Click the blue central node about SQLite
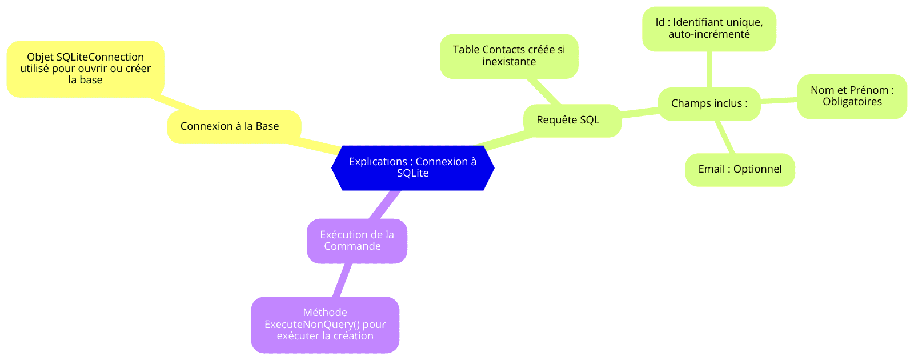[413, 168]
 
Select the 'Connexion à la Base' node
[234, 126]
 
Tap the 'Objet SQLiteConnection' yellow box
[86, 69]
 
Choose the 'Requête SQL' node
[572, 121]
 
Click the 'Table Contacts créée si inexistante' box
[509, 56]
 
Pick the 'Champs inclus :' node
[709, 103]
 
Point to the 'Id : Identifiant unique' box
[709, 29]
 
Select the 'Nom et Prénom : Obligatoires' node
[852, 97]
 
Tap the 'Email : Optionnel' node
[740, 169]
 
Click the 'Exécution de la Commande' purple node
[357, 241]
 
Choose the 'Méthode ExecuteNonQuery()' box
[325, 325]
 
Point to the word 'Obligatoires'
[852, 102]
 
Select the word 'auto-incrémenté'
[709, 34]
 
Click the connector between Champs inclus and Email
[725, 137]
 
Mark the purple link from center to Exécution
[384, 205]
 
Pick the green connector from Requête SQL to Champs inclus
[640, 113]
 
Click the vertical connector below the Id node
[709, 69]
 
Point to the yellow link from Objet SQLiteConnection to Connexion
[175, 103]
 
